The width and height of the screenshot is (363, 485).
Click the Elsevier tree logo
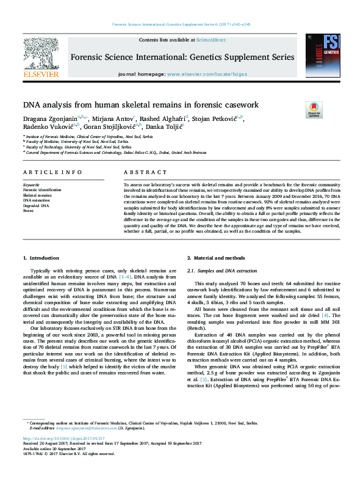[40, 53]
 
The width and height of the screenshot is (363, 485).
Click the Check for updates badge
[314, 110]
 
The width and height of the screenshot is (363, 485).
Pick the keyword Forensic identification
[41, 190]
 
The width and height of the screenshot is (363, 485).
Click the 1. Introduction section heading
[41, 259]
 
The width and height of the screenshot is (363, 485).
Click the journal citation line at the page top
[181, 25]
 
